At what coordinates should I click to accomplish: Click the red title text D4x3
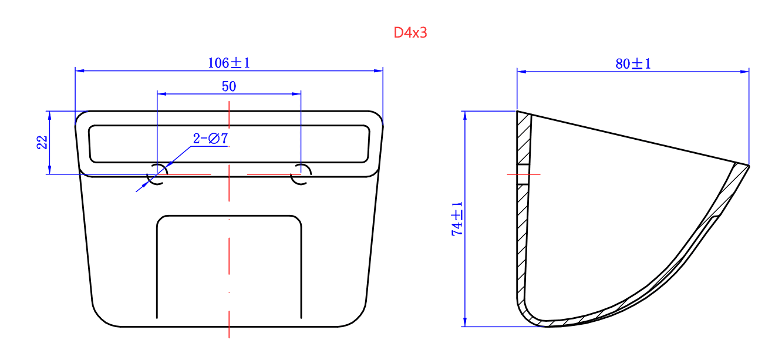[410, 33]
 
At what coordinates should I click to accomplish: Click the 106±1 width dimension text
[229, 63]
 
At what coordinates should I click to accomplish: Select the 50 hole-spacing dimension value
[229, 86]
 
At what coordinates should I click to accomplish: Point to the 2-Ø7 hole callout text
[210, 139]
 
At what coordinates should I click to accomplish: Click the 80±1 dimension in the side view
[633, 64]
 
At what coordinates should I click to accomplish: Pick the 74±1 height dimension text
[457, 219]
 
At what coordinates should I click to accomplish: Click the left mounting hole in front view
[157, 174]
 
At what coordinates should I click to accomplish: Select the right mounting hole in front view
[301, 174]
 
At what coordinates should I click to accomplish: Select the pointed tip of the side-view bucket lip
[749, 166]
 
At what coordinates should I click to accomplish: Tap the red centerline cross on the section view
[523, 174]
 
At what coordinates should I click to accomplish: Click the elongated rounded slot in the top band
[229, 144]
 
